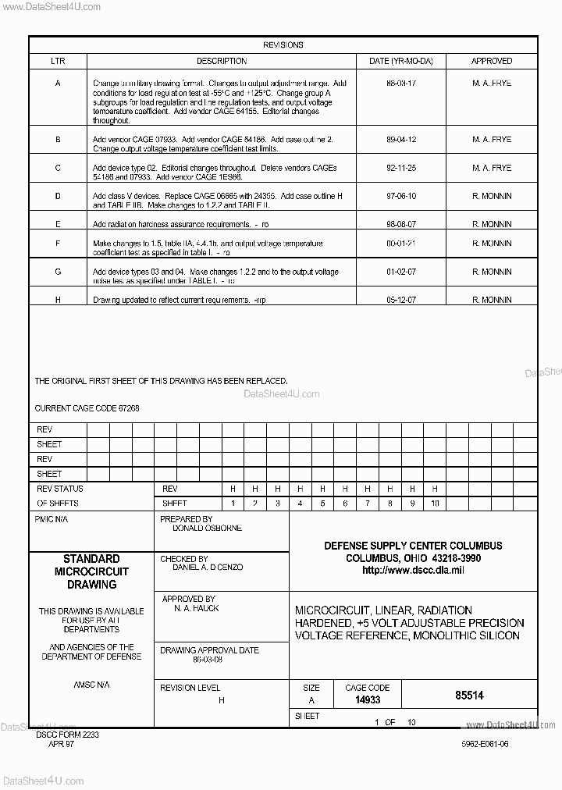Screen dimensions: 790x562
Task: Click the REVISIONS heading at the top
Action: point(283,45)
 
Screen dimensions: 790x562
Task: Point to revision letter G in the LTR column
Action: point(58,272)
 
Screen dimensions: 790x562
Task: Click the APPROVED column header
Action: point(492,61)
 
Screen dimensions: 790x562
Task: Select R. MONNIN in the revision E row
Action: point(492,224)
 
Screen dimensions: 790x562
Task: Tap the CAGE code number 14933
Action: point(367,700)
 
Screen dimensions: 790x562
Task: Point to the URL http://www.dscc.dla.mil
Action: point(413,571)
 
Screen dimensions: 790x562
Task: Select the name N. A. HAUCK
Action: point(196,608)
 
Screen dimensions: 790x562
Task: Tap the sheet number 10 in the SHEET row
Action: point(435,504)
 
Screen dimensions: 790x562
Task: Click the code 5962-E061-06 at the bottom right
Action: point(485,744)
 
